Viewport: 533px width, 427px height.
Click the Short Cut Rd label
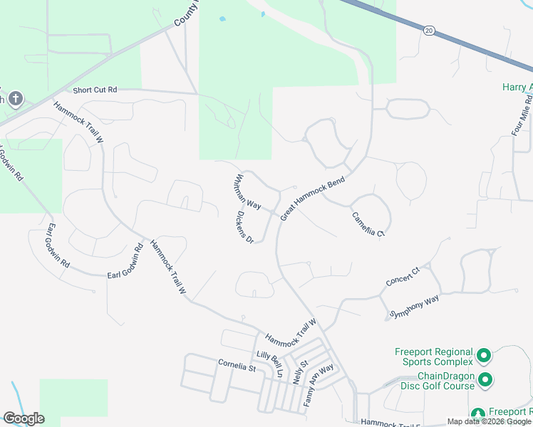pos(95,90)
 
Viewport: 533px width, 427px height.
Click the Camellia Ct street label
pos(368,223)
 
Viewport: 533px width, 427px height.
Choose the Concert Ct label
pos(403,275)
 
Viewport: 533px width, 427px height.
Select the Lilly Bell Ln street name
pos(270,364)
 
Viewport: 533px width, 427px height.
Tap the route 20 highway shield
pos(428,31)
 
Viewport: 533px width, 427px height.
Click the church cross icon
pos(16,99)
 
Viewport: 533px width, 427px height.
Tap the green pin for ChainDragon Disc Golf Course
pos(485,380)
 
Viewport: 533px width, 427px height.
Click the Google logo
pos(24,418)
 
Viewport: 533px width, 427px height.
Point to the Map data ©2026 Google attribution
pos(489,421)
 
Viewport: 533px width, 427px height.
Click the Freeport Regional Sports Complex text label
pos(435,357)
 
